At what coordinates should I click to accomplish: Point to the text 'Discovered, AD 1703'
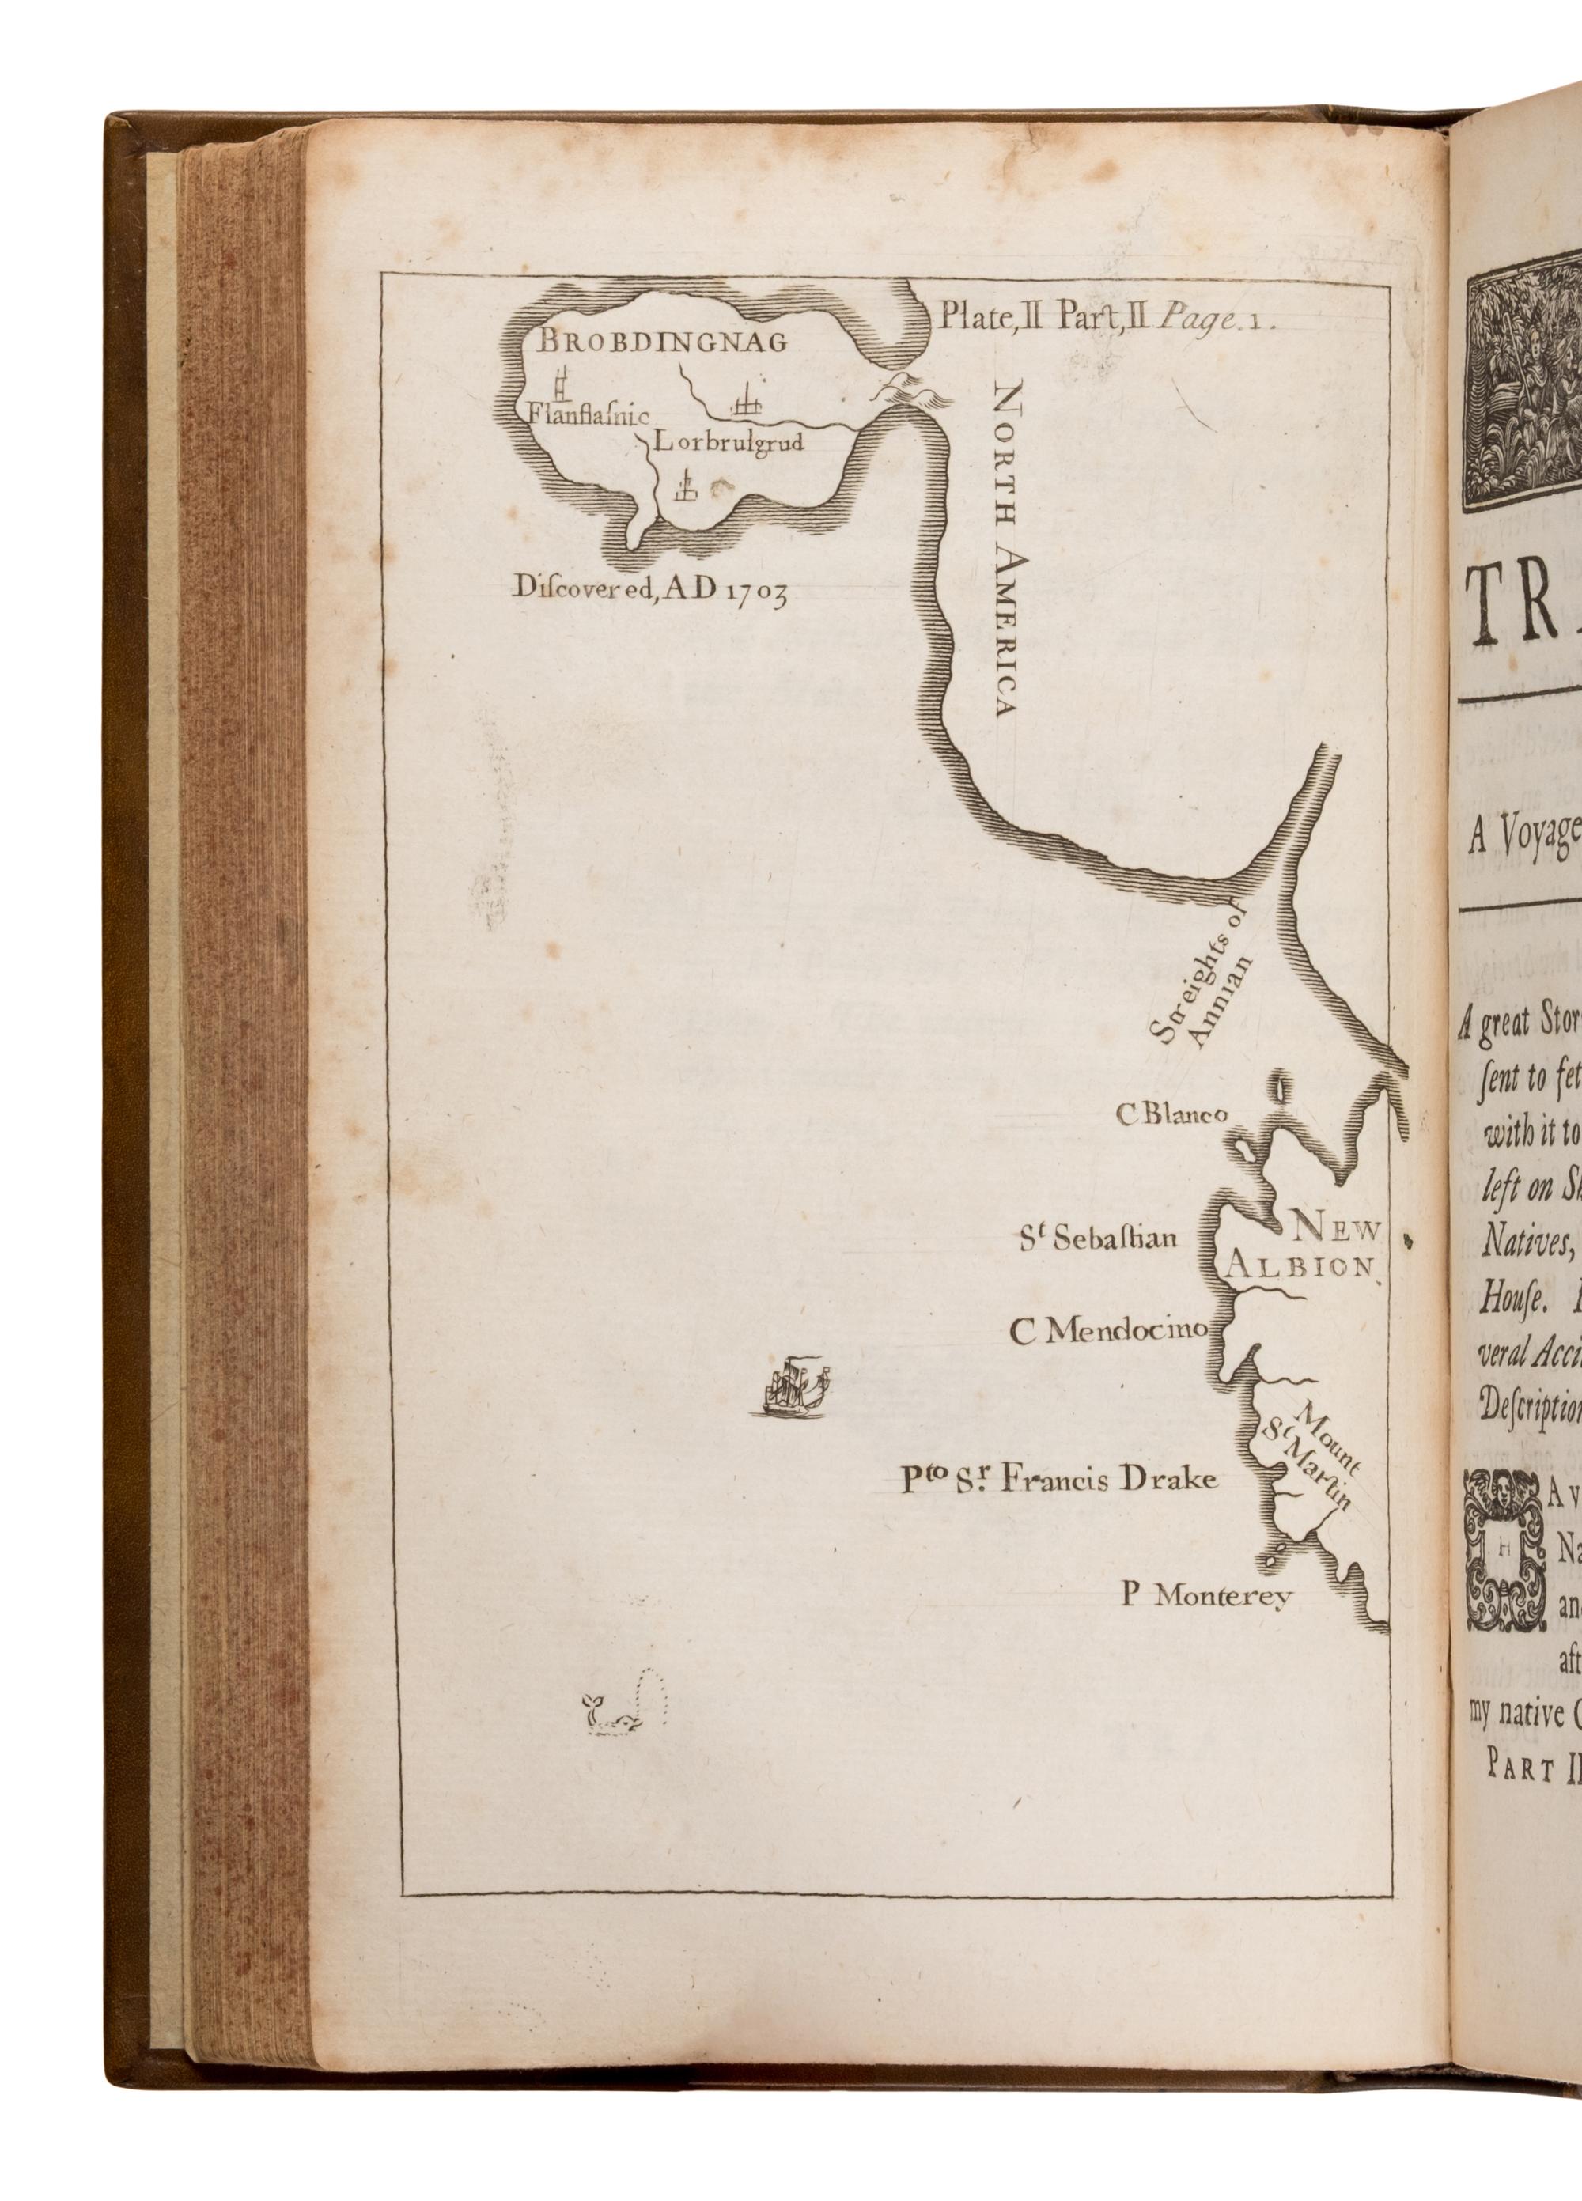click(649, 589)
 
